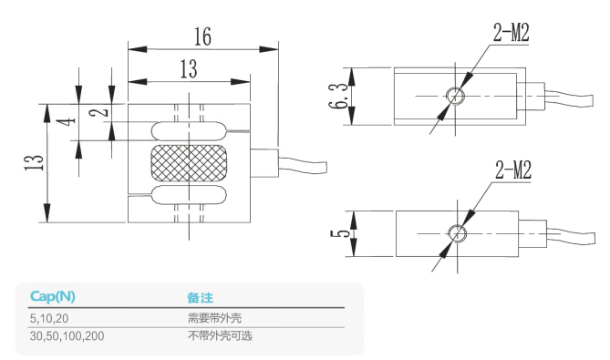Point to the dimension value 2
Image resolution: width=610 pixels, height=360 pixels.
click(103, 111)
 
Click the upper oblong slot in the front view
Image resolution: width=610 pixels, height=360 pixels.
click(189, 130)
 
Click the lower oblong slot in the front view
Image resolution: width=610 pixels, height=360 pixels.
click(189, 194)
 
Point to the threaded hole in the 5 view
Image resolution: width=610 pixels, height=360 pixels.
click(458, 235)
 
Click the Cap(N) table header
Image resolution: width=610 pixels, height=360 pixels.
click(53, 296)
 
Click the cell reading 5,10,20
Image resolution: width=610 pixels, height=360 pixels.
click(50, 318)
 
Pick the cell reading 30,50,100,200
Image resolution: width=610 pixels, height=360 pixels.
click(67, 335)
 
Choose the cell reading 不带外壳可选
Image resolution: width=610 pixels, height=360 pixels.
click(219, 335)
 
